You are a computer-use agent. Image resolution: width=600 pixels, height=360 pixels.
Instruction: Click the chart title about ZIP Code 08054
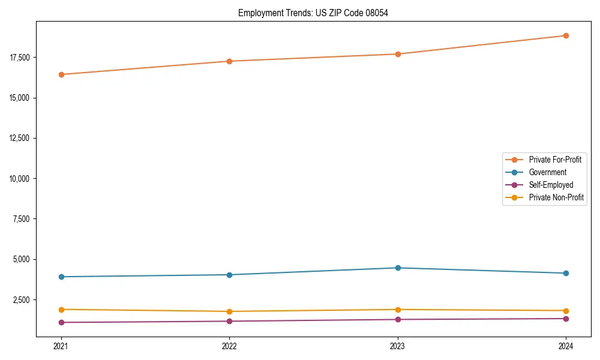(x=313, y=13)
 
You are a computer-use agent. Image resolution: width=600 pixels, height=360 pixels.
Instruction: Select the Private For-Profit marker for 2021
(x=61, y=74)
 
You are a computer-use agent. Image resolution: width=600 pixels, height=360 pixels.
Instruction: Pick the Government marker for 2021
(x=61, y=277)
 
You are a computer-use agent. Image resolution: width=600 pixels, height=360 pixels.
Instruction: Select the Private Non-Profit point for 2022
(x=229, y=311)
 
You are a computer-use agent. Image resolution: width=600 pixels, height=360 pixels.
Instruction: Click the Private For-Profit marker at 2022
(x=229, y=61)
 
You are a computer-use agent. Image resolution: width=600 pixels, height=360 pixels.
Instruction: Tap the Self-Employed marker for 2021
(x=61, y=322)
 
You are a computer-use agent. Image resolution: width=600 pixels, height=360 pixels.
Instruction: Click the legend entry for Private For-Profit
(x=554, y=160)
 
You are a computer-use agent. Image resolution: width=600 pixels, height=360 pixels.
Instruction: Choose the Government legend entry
(x=547, y=172)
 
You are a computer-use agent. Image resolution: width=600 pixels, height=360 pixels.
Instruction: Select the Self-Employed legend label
(x=551, y=185)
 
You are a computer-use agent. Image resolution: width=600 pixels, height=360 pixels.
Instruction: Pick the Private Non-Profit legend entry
(x=556, y=197)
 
